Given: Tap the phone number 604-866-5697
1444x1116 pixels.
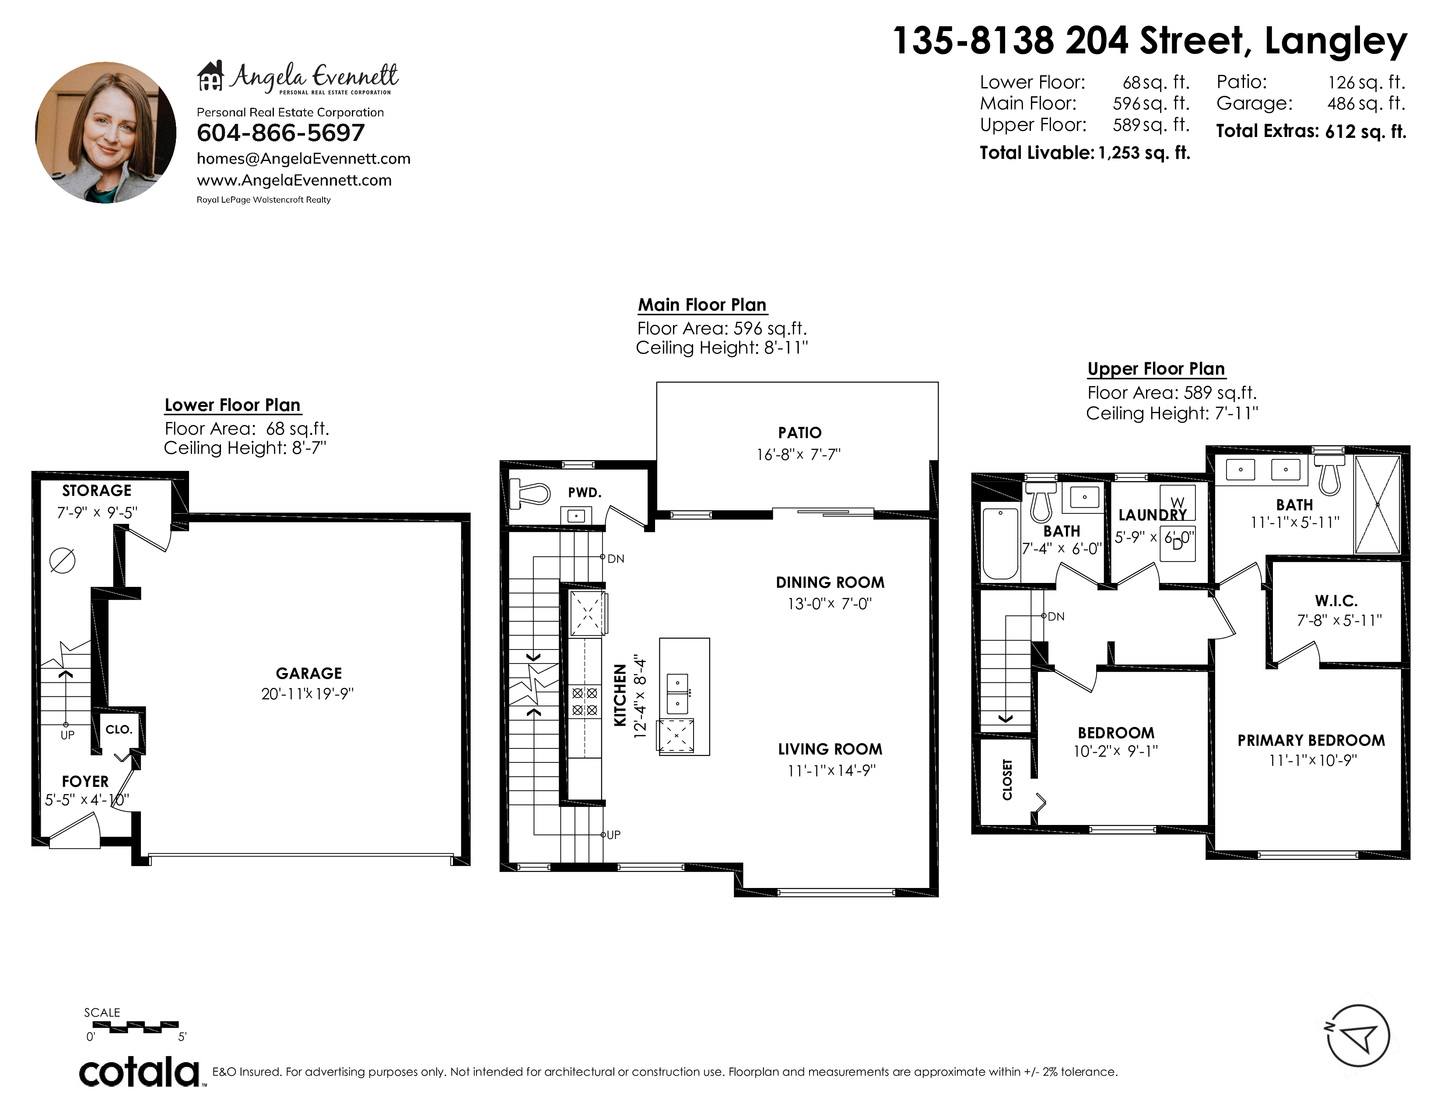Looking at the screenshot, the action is pos(280,133).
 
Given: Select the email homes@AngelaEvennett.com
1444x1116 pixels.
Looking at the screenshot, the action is pos(304,159).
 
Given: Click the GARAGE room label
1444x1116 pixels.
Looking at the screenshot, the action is pos(309,673).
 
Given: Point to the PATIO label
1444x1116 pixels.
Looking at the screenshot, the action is pos(799,432).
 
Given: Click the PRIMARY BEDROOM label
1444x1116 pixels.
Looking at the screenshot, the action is pos(1311,740).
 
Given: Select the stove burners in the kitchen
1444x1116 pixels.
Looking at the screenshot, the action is pos(585,702).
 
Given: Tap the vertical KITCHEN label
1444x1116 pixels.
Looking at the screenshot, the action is pos(620,695).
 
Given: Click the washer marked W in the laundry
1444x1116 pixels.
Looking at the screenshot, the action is pos(1178,502).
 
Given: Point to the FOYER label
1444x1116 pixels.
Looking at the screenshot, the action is pos(85,782).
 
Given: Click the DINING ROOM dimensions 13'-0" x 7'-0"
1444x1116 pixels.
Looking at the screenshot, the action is pos(830,604).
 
